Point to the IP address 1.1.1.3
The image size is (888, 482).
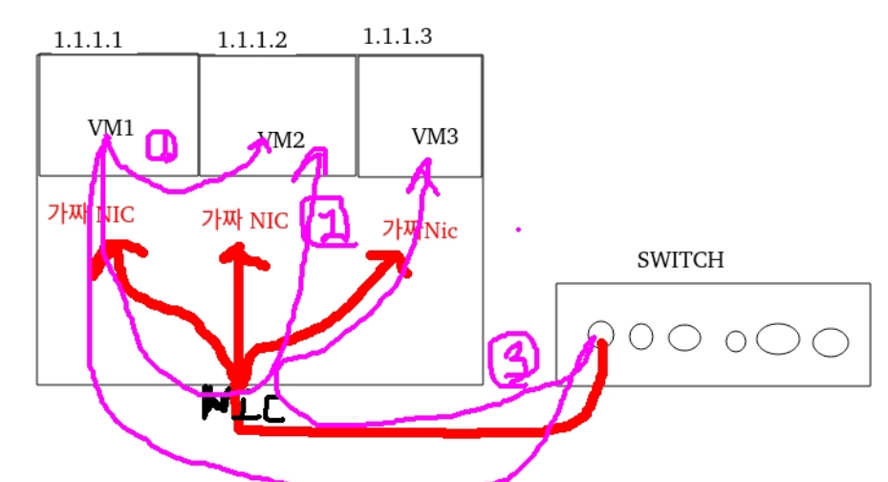397,36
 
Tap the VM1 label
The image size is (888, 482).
112,128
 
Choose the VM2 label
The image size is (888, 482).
281,140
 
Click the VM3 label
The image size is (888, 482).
435,137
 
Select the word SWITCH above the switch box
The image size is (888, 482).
680,259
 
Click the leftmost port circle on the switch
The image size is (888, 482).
600,332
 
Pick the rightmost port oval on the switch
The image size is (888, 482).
831,341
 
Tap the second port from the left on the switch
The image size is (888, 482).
641,336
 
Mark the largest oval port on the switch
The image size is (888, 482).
778,339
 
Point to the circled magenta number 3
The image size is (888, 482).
513,360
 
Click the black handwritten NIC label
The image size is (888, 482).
242,406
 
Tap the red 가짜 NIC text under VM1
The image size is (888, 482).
91,214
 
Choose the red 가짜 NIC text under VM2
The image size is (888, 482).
245,219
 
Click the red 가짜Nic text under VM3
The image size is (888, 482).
420,230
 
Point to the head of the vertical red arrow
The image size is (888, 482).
237,254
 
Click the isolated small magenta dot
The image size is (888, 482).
518,230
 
